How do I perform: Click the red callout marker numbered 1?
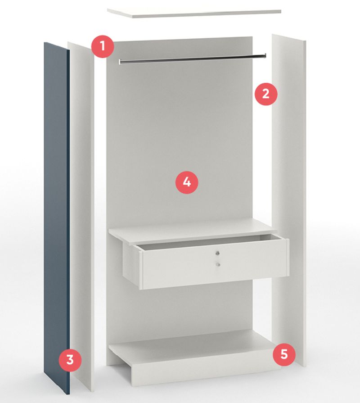click(x=103, y=46)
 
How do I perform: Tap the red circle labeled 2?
click(x=266, y=94)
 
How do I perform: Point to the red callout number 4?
click(x=187, y=182)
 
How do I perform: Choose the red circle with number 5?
click(x=284, y=354)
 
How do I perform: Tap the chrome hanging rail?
click(x=193, y=59)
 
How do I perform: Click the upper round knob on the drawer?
click(x=218, y=253)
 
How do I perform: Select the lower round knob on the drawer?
click(x=218, y=264)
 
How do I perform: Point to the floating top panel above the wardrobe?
click(x=194, y=13)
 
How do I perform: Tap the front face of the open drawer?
click(x=214, y=264)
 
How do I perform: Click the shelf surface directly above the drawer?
click(x=193, y=230)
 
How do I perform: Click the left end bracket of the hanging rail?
click(x=120, y=62)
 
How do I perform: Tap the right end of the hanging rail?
click(x=265, y=55)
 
